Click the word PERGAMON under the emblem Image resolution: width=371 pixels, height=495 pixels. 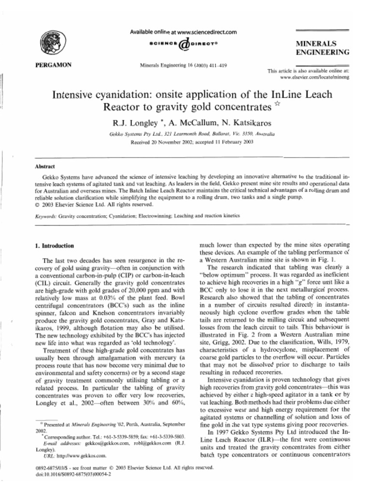[x=54, y=65]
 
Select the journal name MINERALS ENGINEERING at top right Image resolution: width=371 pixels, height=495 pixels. [x=322, y=48]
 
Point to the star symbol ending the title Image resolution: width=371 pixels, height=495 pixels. [x=277, y=104]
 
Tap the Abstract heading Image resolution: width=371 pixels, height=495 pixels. [x=45, y=166]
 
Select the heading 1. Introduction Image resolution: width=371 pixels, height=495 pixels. [x=55, y=246]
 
